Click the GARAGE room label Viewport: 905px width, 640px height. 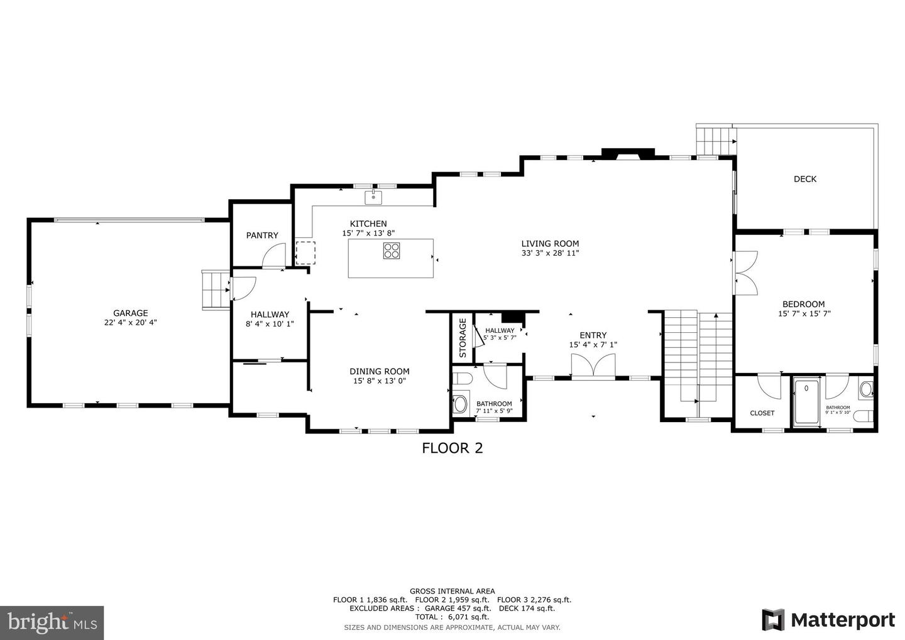pos(130,313)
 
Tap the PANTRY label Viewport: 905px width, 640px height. pos(262,236)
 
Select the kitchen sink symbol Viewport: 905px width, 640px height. pos(373,197)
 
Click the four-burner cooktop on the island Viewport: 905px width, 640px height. pos(392,251)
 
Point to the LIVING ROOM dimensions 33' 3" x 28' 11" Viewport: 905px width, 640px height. pos(550,253)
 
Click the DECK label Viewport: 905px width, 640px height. pos(804,179)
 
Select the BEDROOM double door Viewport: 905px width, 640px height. pos(747,273)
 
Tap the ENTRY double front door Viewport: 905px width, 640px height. pos(593,367)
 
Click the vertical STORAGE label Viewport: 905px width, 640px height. pos(463,338)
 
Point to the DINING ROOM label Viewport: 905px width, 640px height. pos(380,371)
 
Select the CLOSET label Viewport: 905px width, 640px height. pos(762,413)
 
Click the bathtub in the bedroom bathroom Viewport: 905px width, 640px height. pos(806,402)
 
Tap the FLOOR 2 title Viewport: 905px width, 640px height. pos(452,448)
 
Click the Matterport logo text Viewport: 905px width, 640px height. pos(842,620)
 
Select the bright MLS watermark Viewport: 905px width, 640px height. pos(52,622)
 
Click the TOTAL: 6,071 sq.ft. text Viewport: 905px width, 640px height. pos(452,617)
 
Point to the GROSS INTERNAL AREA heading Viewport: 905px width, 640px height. pos(452,591)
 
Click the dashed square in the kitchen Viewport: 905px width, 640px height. pos(305,251)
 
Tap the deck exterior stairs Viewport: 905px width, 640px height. pos(715,139)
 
